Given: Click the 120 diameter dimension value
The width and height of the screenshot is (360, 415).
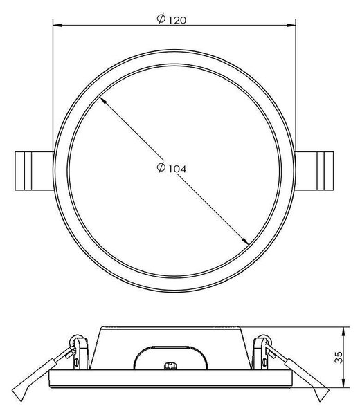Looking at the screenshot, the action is (x=177, y=20).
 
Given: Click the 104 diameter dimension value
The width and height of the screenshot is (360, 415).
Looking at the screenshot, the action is (x=177, y=169).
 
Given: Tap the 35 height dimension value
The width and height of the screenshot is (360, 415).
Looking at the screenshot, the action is (x=339, y=358).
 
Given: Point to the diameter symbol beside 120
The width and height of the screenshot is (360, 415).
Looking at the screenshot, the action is (x=161, y=19).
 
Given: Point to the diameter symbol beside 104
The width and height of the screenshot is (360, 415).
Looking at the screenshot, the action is (x=161, y=167).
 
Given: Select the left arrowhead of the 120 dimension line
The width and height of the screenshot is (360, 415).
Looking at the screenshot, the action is (x=57, y=26).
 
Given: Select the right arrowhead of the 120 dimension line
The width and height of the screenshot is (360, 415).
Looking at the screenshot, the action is (x=291, y=26).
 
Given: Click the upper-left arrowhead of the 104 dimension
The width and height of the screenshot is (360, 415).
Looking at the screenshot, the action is (x=102, y=101).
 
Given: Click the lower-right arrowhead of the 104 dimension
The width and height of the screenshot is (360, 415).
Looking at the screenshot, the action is (x=245, y=241).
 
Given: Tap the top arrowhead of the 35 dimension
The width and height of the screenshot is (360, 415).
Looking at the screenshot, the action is (x=343, y=331).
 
